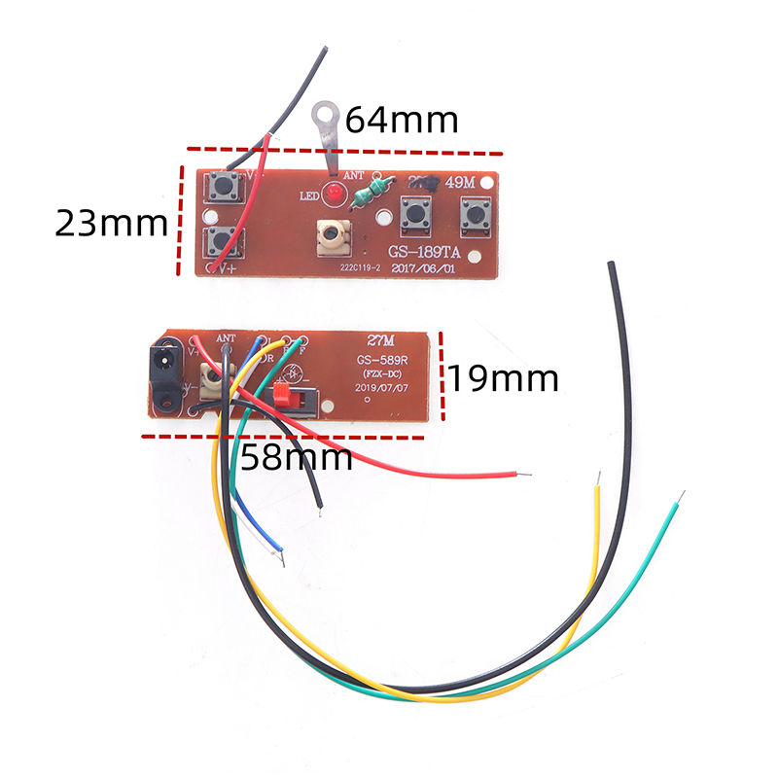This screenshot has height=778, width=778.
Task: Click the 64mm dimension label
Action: (x=402, y=121)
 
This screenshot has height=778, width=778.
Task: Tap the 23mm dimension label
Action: (x=111, y=223)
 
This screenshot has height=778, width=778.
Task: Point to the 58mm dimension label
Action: (x=297, y=456)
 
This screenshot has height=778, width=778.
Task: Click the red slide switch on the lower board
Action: (x=284, y=395)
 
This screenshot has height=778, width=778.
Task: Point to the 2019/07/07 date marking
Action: (x=378, y=385)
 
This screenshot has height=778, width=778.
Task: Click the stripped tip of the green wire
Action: (x=680, y=498)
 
